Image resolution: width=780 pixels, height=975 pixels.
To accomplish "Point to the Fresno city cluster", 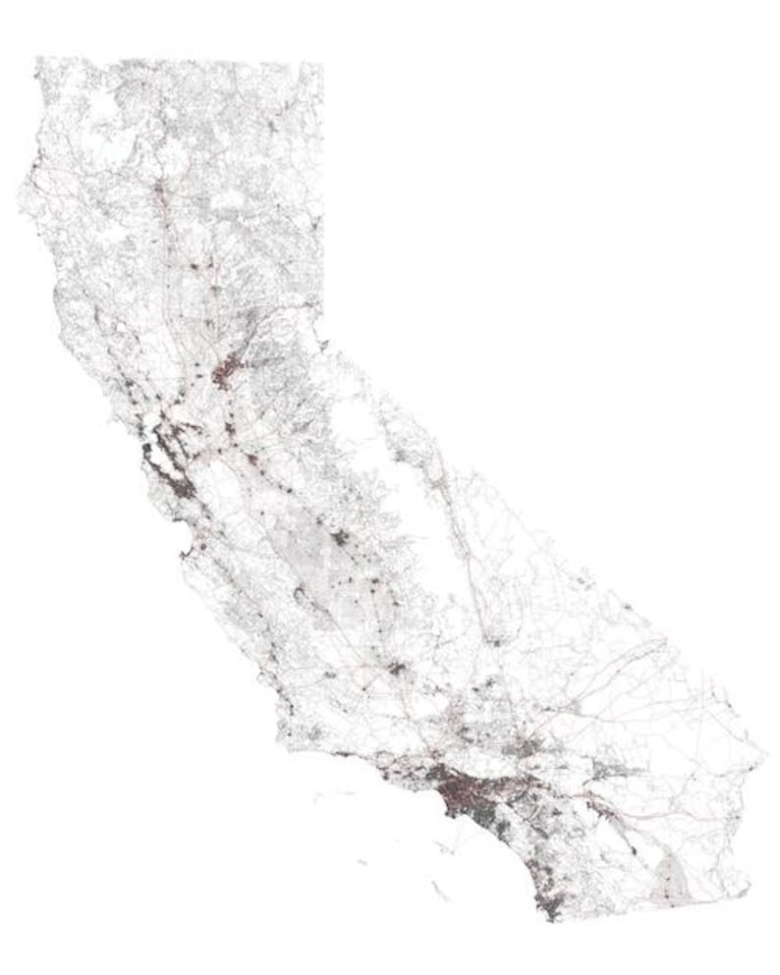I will (340, 538).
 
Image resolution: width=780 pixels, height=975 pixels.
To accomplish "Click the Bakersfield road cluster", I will (397, 670).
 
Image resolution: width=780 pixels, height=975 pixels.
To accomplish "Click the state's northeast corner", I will (321, 65).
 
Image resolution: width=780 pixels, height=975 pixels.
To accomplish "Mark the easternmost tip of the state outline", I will (765, 757).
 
